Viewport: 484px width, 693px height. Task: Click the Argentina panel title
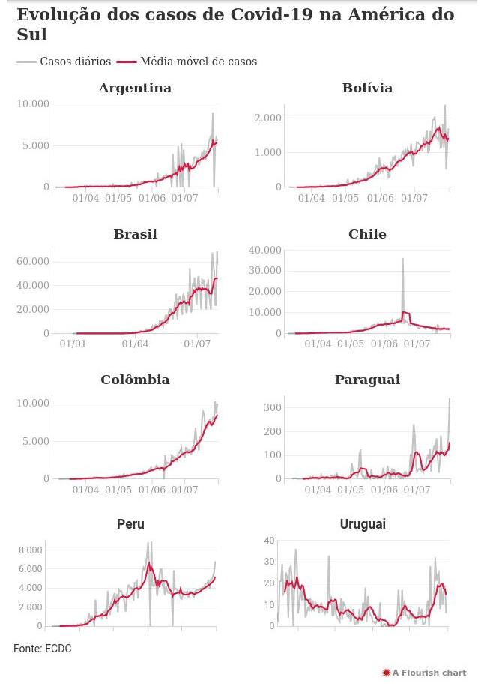point(135,88)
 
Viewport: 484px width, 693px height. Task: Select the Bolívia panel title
point(367,88)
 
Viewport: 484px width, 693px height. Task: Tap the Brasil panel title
point(135,234)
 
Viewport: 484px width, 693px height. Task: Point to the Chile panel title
point(367,234)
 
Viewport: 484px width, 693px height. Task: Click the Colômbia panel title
point(135,379)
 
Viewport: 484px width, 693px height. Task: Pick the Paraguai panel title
point(367,379)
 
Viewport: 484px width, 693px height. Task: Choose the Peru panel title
point(130,524)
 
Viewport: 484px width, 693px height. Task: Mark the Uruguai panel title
point(363,524)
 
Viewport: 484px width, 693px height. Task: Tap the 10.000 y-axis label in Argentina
point(33,103)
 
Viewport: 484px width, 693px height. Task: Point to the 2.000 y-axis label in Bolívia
point(268,118)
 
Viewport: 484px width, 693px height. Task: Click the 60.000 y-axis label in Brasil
point(33,261)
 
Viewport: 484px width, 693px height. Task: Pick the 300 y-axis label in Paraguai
point(272,406)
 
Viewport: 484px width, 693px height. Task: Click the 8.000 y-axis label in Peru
point(30,550)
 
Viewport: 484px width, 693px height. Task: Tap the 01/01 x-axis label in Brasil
point(73,344)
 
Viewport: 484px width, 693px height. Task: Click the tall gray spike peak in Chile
point(402,259)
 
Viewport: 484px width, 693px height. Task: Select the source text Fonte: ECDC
point(43,649)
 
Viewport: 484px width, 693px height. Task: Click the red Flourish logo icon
point(386,673)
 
